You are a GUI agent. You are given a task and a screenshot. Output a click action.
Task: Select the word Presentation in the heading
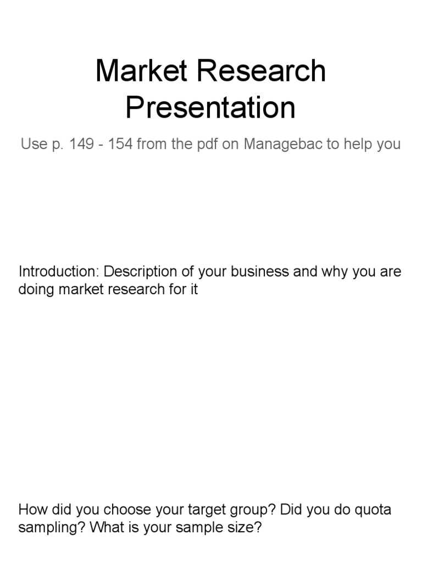[x=210, y=108]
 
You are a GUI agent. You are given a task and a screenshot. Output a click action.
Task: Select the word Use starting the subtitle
[x=31, y=145]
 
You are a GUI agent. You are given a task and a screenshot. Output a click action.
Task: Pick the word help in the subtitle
[x=358, y=145]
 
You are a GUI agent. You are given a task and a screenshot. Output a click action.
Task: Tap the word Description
[x=137, y=272]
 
